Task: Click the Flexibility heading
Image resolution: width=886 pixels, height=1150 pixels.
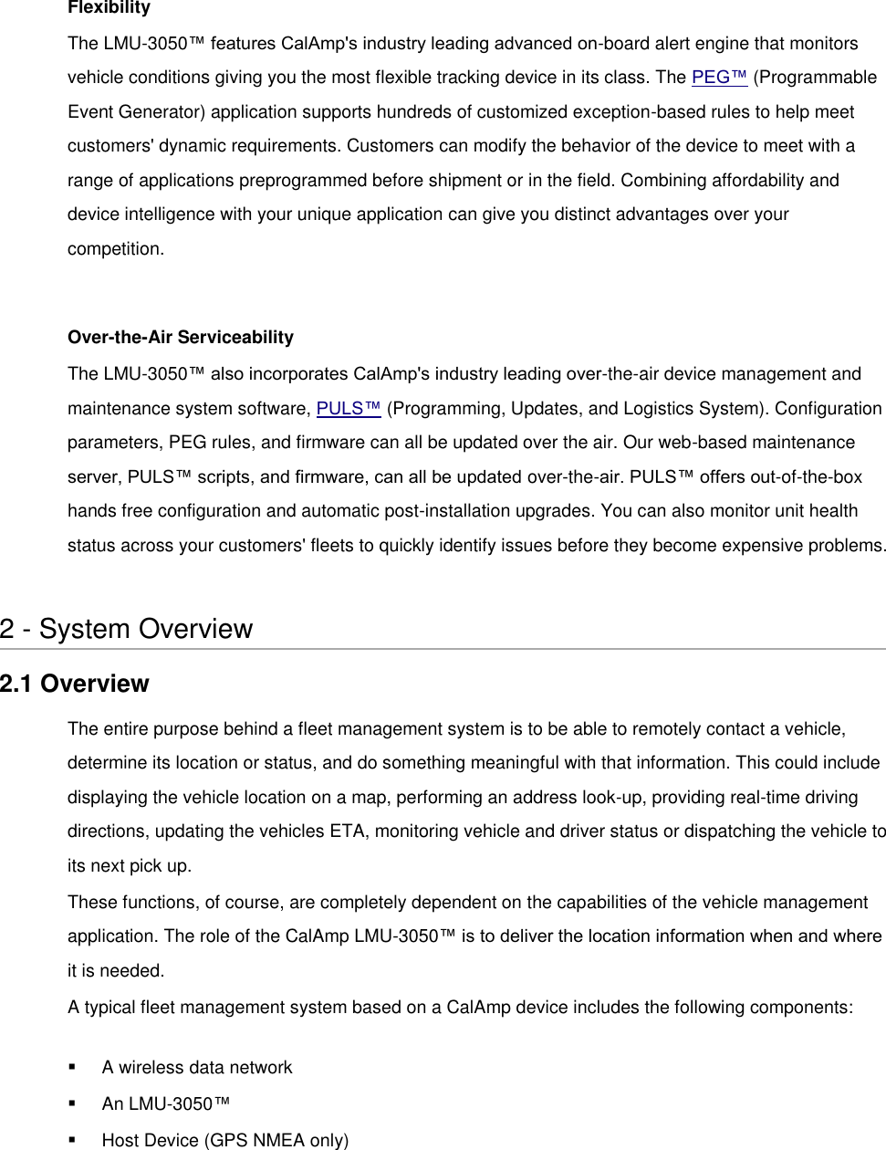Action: [109, 8]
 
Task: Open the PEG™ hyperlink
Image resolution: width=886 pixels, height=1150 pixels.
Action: [720, 78]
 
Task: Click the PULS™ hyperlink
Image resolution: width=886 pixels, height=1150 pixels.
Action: [348, 409]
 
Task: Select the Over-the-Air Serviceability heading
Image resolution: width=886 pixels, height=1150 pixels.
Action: [181, 338]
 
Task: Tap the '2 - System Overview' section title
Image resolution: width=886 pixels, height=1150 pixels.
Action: [126, 629]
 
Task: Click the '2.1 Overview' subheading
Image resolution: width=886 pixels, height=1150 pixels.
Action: [74, 684]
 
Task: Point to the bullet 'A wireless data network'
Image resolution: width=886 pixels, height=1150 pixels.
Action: [197, 1068]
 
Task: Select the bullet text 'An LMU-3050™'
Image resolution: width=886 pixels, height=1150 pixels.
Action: [165, 1104]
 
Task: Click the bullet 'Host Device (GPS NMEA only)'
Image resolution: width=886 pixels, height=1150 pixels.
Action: [224, 1141]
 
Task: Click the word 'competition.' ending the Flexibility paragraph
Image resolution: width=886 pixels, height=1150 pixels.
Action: [116, 249]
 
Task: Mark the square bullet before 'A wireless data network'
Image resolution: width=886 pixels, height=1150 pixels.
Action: [72, 1068]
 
